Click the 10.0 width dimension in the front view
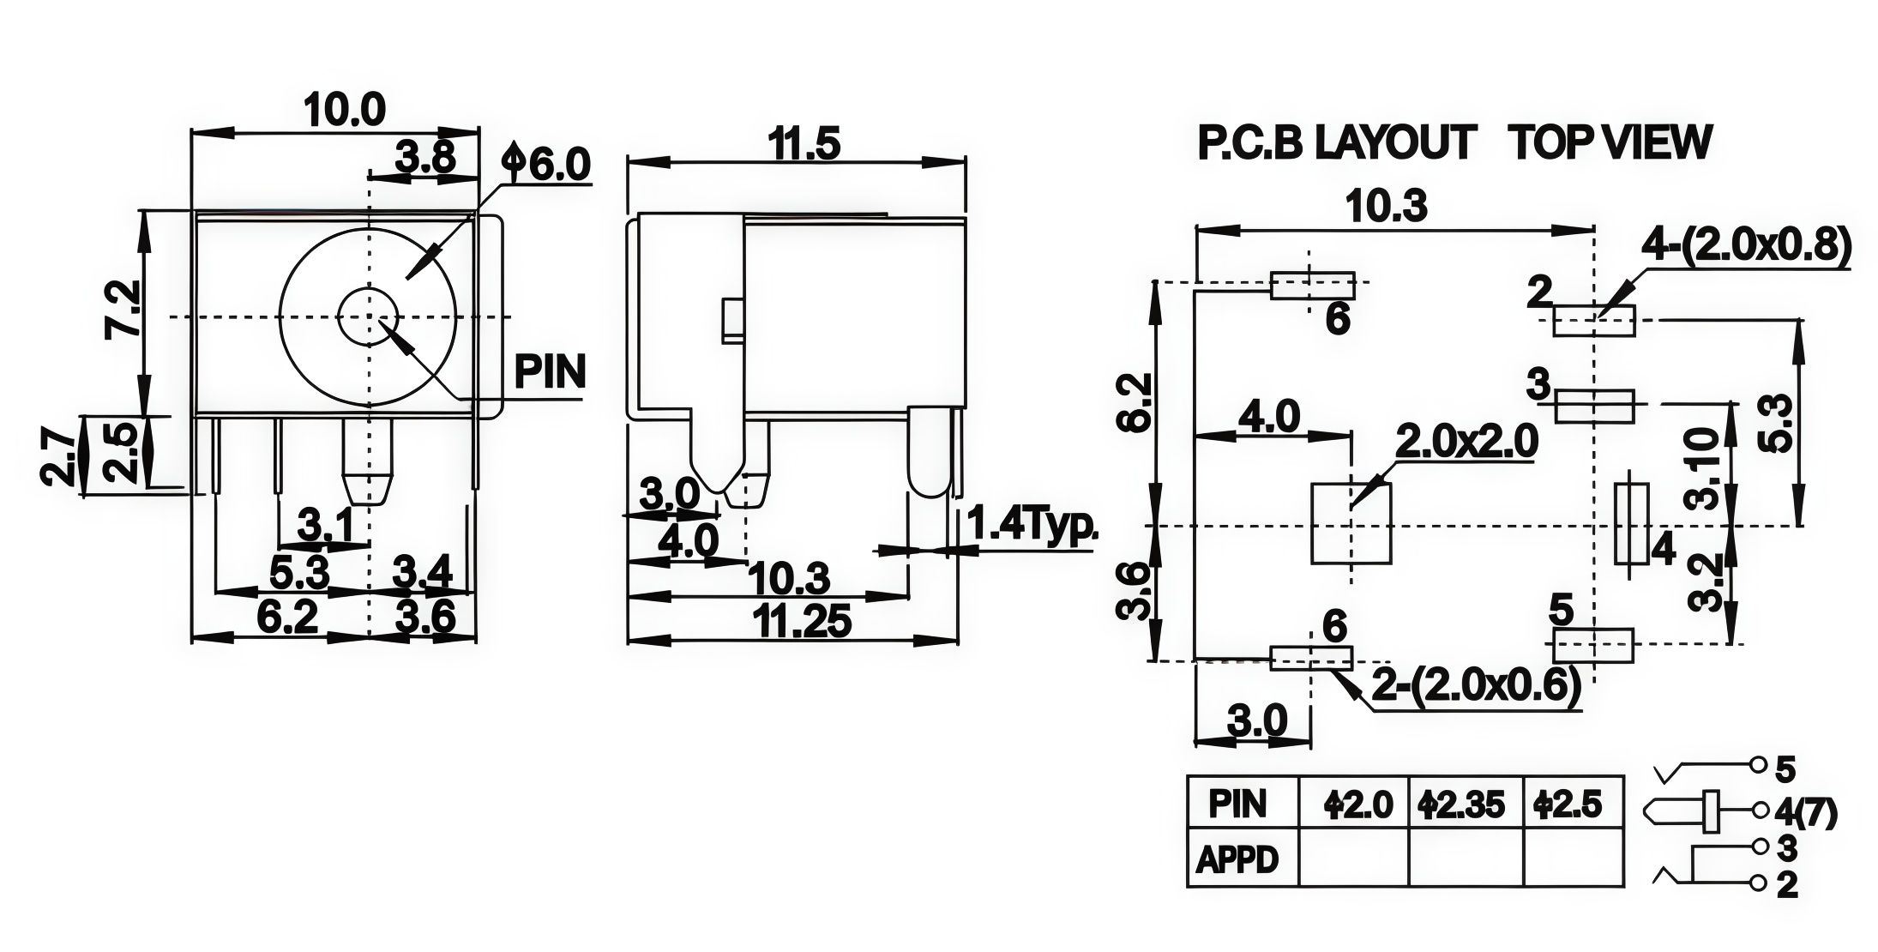[x=345, y=110]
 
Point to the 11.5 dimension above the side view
[x=804, y=144]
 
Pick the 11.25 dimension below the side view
[x=802, y=622]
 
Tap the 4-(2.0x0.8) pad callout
[x=1747, y=246]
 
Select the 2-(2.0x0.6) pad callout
[x=1477, y=687]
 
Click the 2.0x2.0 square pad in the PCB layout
[x=1351, y=523]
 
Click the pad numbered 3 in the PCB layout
[x=1594, y=407]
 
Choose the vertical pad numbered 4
[x=1631, y=524]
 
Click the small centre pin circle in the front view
[x=369, y=317]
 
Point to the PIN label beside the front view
[x=550, y=372]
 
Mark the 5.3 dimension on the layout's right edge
[x=1777, y=423]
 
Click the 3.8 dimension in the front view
[x=424, y=159]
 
